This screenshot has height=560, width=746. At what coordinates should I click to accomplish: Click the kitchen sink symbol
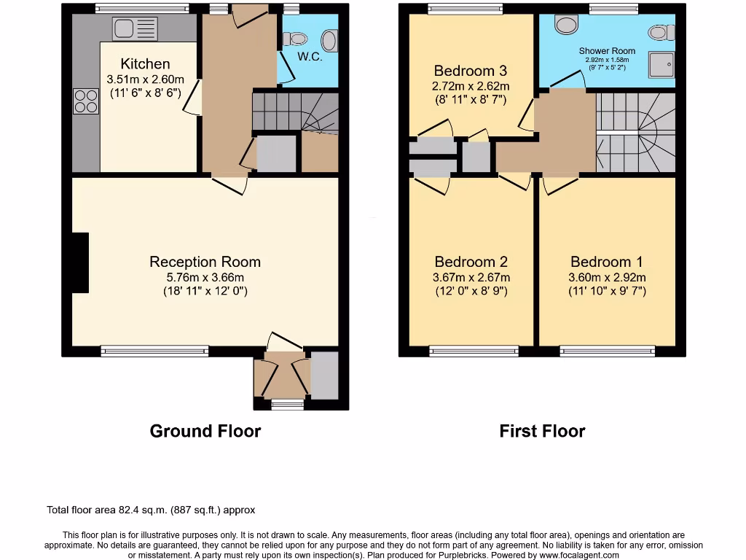coord(135,29)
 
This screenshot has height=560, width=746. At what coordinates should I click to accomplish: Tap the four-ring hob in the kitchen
coord(85,101)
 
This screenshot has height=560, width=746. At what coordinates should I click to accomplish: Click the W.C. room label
coord(310,57)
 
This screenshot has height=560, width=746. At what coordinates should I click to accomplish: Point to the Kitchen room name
coord(145,64)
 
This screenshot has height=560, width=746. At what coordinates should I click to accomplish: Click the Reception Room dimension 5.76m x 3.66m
coord(205,277)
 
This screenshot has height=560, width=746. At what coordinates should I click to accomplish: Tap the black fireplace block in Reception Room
coord(79,263)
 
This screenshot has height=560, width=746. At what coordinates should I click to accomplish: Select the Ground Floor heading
coord(205,431)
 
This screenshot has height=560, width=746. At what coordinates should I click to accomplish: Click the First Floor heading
coord(542,431)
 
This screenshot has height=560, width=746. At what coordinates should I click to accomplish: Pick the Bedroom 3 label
coord(470,71)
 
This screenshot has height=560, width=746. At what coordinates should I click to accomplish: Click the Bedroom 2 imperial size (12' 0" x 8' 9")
coord(471,291)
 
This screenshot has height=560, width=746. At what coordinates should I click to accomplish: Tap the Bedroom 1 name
coord(607,262)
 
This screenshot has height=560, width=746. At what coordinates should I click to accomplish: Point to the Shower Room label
coord(607,51)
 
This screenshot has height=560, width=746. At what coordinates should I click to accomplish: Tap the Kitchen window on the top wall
coord(142,9)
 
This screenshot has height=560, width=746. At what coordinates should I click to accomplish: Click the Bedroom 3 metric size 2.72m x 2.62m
coord(471,86)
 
